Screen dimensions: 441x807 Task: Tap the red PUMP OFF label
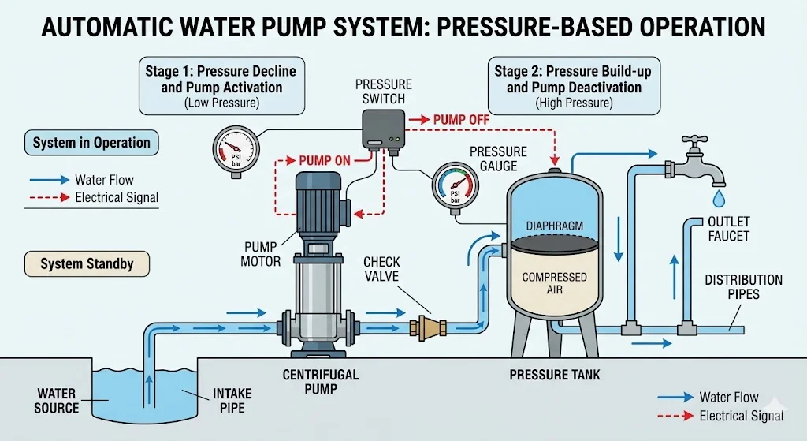[461, 119]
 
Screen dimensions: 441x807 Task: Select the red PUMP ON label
[325, 161]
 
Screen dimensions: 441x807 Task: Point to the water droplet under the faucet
[718, 195]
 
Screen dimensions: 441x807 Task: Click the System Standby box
[87, 264]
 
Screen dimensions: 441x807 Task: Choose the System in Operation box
[91, 143]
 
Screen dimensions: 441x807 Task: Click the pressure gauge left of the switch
[234, 149]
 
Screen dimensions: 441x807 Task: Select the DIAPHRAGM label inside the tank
[555, 226]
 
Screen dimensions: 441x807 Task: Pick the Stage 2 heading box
[573, 86]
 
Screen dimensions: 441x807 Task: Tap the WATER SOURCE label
[56, 400]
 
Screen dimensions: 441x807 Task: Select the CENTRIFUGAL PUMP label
[321, 381]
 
